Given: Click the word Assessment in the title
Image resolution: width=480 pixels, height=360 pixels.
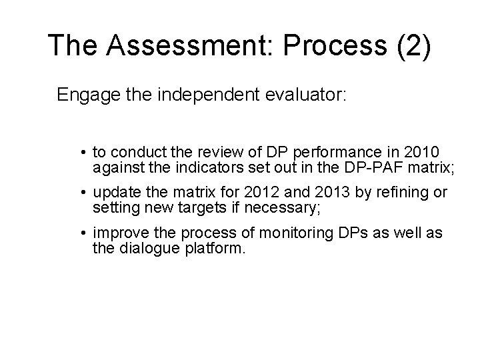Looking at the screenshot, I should tap(182, 45).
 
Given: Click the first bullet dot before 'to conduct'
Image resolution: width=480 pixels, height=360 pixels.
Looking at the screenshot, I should tap(85, 152).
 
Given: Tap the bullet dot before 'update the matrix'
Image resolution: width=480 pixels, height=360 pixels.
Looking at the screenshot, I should tap(85, 194).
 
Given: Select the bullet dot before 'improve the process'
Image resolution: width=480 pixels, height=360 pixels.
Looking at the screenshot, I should tap(85, 235).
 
